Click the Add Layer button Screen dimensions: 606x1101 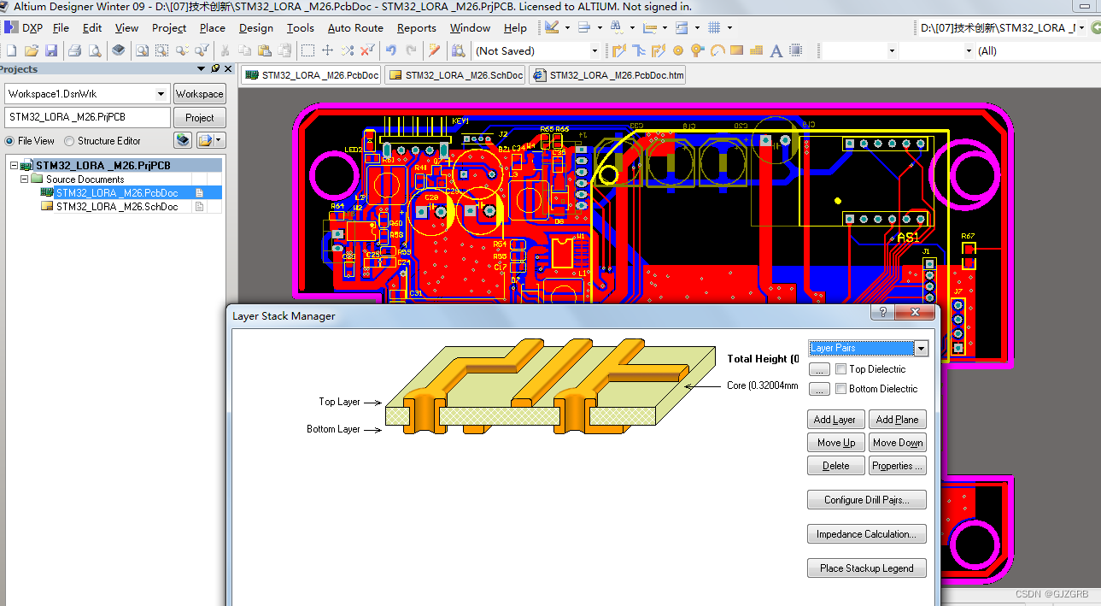(835, 420)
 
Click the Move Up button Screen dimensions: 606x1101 (835, 443)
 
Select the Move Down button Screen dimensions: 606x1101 (898, 443)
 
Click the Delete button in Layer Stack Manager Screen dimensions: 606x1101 (835, 466)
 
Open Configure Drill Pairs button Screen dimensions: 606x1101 (866, 500)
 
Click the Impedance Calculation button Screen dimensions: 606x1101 (866, 534)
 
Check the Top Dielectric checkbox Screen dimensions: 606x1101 (841, 369)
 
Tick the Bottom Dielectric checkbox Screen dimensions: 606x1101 (841, 389)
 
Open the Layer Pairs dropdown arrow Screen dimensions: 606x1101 (921, 348)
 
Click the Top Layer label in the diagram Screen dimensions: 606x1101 (339, 402)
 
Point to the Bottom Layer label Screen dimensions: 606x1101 (333, 429)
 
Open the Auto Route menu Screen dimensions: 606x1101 (355, 28)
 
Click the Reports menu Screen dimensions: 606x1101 (416, 28)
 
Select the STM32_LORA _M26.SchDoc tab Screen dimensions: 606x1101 (456, 75)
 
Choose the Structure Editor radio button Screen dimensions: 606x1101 (70, 141)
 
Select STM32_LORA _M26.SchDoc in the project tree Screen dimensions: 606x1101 (116, 207)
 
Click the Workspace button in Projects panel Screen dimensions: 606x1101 (199, 94)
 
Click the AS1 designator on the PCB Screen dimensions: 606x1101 (908, 237)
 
